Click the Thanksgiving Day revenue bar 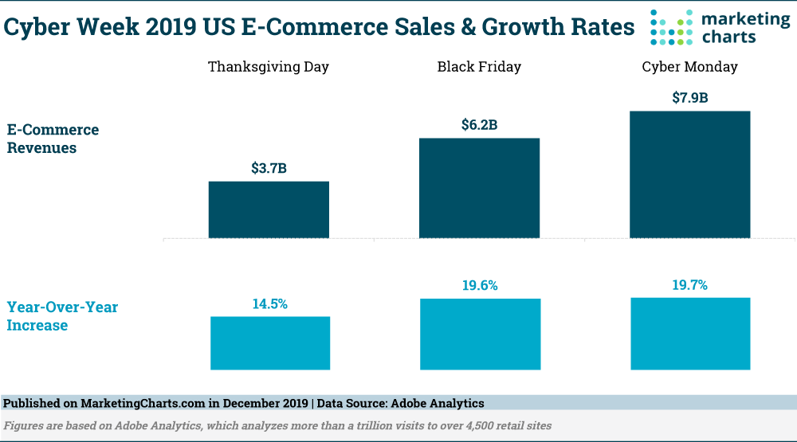[269, 209]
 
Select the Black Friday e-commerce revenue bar [479, 187]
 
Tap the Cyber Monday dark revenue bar [689, 174]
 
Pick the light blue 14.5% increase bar [270, 342]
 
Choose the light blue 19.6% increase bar [480, 334]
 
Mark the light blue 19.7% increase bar [690, 333]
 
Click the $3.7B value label [269, 168]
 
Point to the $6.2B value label [479, 125]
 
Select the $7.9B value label [689, 98]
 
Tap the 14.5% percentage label [269, 303]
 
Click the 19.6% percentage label [480, 286]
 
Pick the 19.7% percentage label [690, 285]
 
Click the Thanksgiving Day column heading [269, 67]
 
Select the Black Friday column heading [479, 67]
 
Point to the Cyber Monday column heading [690, 67]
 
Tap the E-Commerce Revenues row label [53, 139]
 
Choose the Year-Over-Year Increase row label [62, 316]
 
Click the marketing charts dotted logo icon [672, 27]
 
